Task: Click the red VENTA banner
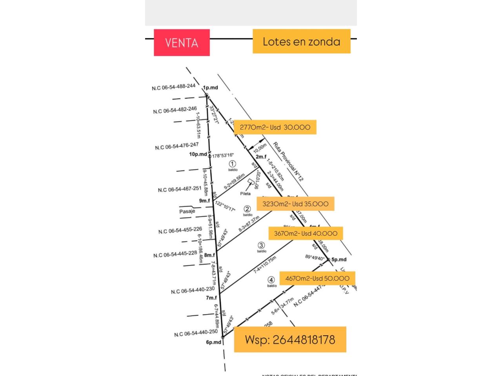(182, 42)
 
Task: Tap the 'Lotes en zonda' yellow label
(301, 41)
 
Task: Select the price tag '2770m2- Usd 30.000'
(275, 127)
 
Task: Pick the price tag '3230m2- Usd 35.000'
(295, 204)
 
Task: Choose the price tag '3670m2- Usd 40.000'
(306, 233)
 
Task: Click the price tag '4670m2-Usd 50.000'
(317, 278)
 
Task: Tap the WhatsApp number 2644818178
(290, 339)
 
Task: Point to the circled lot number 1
(233, 164)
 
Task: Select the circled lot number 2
(247, 209)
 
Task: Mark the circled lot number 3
(261, 246)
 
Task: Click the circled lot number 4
(271, 280)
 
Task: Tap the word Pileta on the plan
(246, 193)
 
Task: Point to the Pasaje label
(187, 211)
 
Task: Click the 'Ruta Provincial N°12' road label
(288, 161)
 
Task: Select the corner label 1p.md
(210, 87)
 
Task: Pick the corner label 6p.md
(214, 342)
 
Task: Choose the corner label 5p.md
(339, 259)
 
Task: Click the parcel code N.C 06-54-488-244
(173, 87)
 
